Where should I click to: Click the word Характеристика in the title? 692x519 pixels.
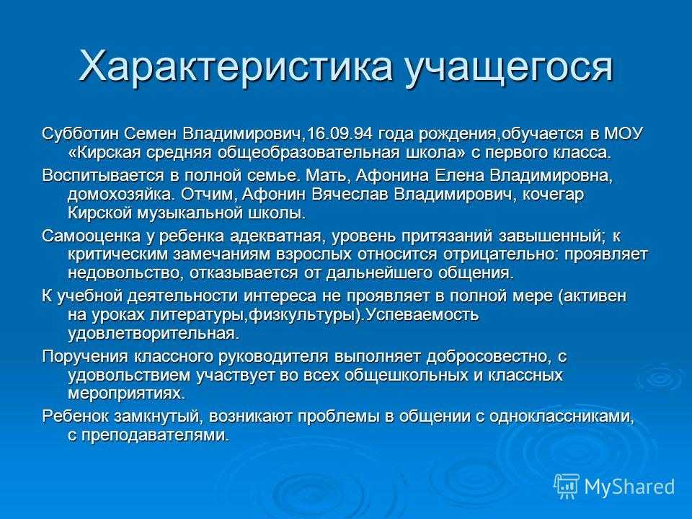tap(236, 67)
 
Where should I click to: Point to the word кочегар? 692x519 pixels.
tap(553, 195)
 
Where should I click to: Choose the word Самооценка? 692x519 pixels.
tap(90, 236)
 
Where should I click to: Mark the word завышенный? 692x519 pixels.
tap(549, 236)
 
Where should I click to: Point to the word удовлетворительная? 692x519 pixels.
tap(153, 334)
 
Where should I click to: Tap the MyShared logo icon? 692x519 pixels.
tap(566, 486)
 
